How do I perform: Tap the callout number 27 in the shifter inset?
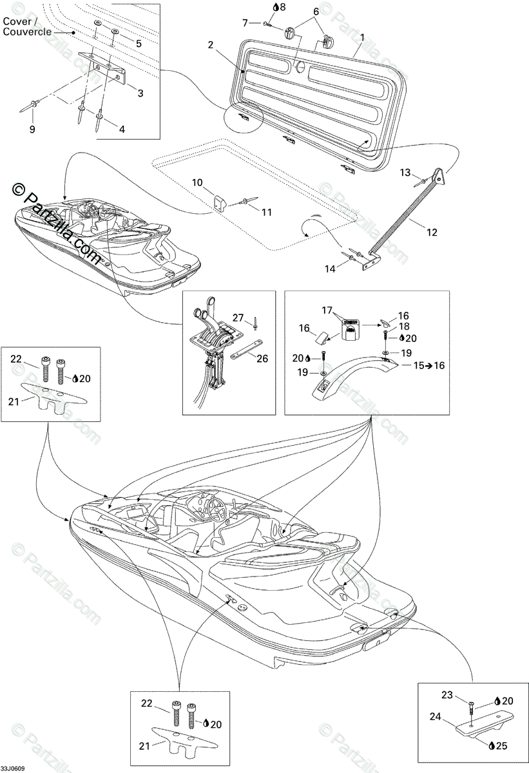click(238, 317)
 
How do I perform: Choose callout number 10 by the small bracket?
click(197, 183)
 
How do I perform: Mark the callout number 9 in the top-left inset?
click(32, 129)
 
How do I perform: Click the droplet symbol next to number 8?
click(276, 7)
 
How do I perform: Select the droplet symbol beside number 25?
click(492, 745)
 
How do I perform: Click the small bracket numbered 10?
click(220, 203)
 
